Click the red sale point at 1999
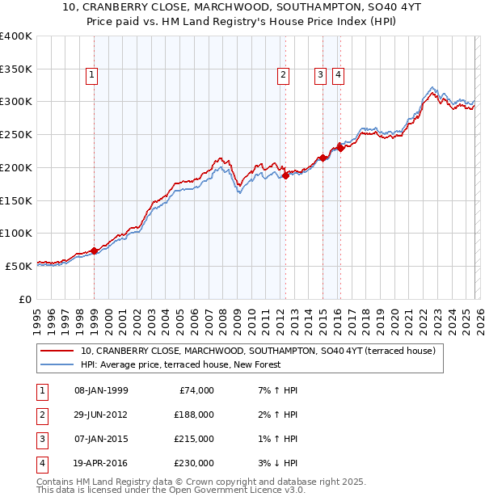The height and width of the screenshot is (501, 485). (94, 250)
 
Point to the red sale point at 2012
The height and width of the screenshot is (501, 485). (285, 175)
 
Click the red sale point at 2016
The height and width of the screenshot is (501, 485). (340, 147)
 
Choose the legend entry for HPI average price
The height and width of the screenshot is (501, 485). (179, 365)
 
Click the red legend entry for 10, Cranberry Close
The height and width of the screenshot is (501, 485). (258, 351)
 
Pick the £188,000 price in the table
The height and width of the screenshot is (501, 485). (194, 415)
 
